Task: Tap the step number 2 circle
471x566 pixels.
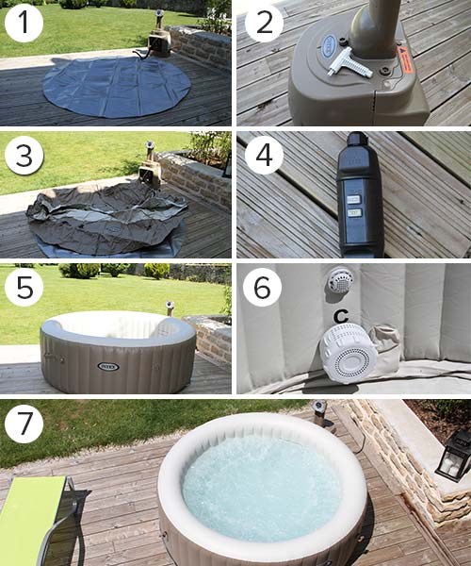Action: [x=264, y=23]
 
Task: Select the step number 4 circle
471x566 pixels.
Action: [x=264, y=156]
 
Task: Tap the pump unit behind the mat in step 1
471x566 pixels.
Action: [x=157, y=41]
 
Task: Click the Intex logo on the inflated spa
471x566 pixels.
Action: [x=108, y=366]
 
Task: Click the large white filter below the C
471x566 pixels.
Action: [x=349, y=352]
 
